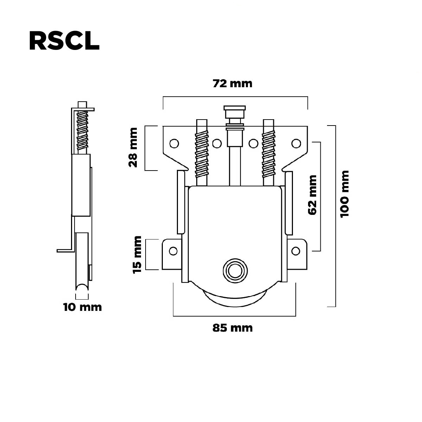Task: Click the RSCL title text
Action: (64, 41)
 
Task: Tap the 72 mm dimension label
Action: (232, 84)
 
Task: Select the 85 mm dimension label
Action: (232, 328)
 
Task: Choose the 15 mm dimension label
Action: (137, 254)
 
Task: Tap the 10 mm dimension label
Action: (83, 307)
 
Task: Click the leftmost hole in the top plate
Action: (174, 143)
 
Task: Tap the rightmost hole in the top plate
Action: (296, 143)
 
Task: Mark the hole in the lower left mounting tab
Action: (173, 251)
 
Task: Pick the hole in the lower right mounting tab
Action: (296, 251)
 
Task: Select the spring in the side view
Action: (83, 129)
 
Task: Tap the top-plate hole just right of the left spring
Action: (217, 143)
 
